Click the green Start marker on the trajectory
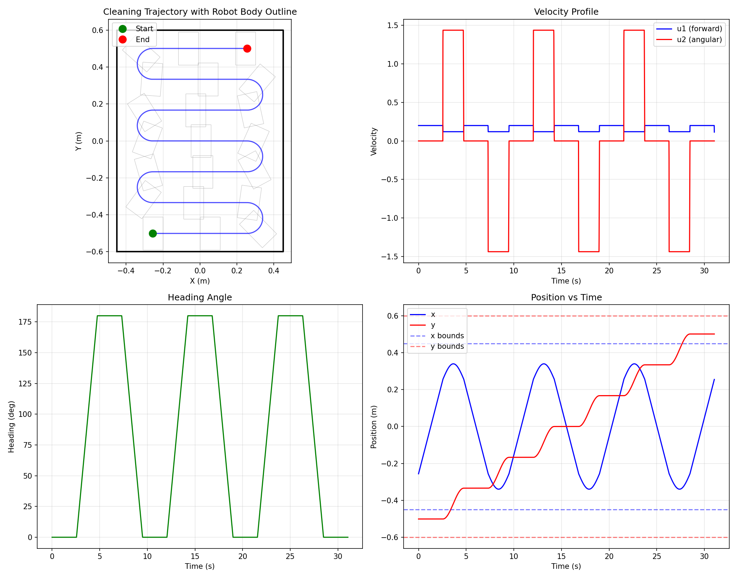coord(153,233)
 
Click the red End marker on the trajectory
coord(247,48)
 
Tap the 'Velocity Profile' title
coord(566,12)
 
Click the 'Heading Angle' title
coord(200,297)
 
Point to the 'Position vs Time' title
coord(566,297)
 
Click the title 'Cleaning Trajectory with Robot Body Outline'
coord(200,12)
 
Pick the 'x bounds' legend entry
coord(447,336)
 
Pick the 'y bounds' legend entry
coord(447,346)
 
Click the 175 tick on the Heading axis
coord(25,322)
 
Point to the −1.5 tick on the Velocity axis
coord(390,257)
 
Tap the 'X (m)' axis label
coord(200,281)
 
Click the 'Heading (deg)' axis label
coord(11,426)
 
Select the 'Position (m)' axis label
coord(374,426)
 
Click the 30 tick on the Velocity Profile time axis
coord(704,271)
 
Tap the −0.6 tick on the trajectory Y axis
coord(95,252)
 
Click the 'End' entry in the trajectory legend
coord(142,40)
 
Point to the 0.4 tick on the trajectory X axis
coord(274,271)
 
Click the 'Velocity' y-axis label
coord(374,141)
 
